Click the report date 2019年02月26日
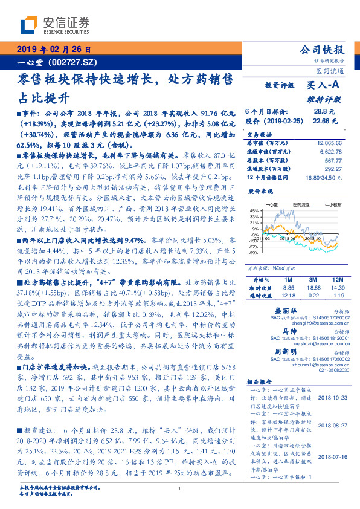[53, 50]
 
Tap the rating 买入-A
[323, 86]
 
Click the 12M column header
[337, 280]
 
